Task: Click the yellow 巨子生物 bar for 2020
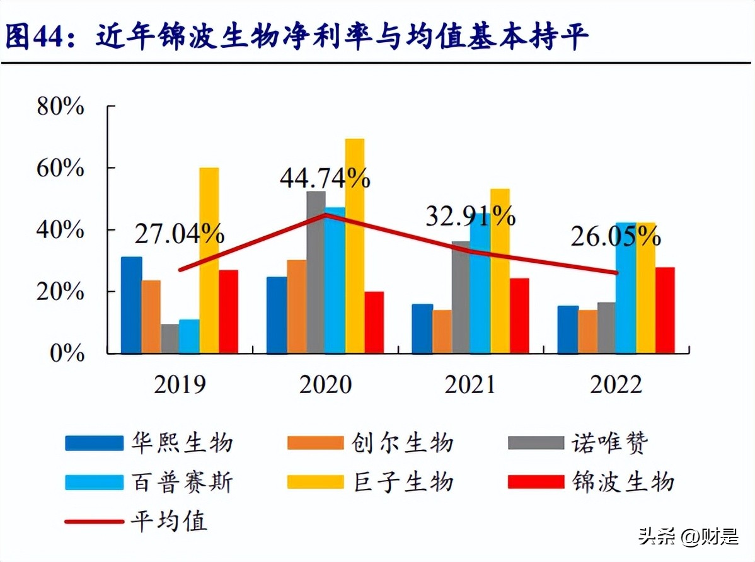coord(354,246)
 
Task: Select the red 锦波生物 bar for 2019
coord(228,311)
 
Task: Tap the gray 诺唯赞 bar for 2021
coord(461,296)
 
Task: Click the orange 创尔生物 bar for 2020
coord(296,306)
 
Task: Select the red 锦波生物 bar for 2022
coord(665,310)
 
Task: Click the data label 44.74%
coord(325,179)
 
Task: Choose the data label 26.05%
coord(616,237)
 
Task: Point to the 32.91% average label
coord(470,216)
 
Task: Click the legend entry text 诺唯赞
coord(610,443)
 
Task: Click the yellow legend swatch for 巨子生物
coord(316,482)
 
